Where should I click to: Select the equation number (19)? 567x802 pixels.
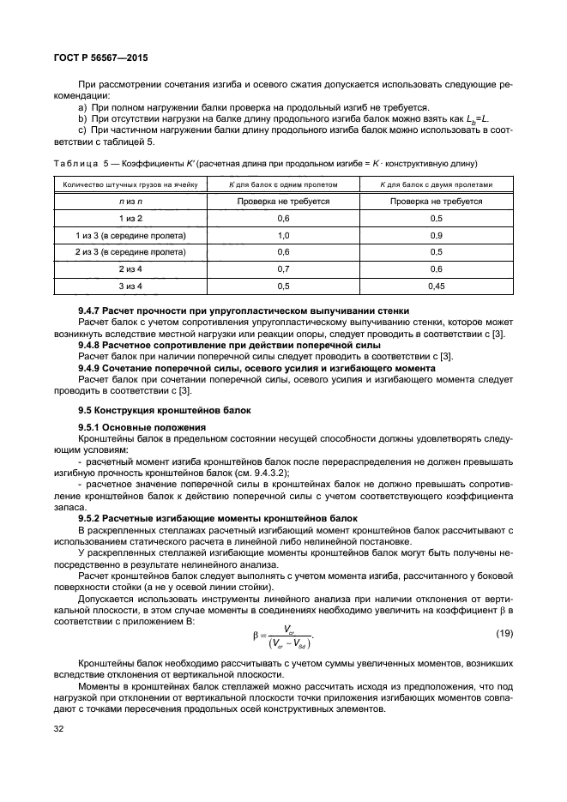pyautogui.click(x=505, y=633)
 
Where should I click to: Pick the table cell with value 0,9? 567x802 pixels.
pyautogui.click(x=436, y=235)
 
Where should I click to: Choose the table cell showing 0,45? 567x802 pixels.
pyautogui.click(x=436, y=285)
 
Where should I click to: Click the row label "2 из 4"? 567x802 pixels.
pyautogui.click(x=130, y=268)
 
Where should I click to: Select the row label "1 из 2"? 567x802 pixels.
pyautogui.click(x=130, y=219)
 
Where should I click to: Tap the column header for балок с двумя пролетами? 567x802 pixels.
pyautogui.click(x=436, y=184)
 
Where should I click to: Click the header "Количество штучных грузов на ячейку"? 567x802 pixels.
pyautogui.click(x=130, y=184)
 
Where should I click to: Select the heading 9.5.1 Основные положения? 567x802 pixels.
pyautogui.click(x=142, y=426)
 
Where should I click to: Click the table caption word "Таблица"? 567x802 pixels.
pyautogui.click(x=76, y=163)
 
